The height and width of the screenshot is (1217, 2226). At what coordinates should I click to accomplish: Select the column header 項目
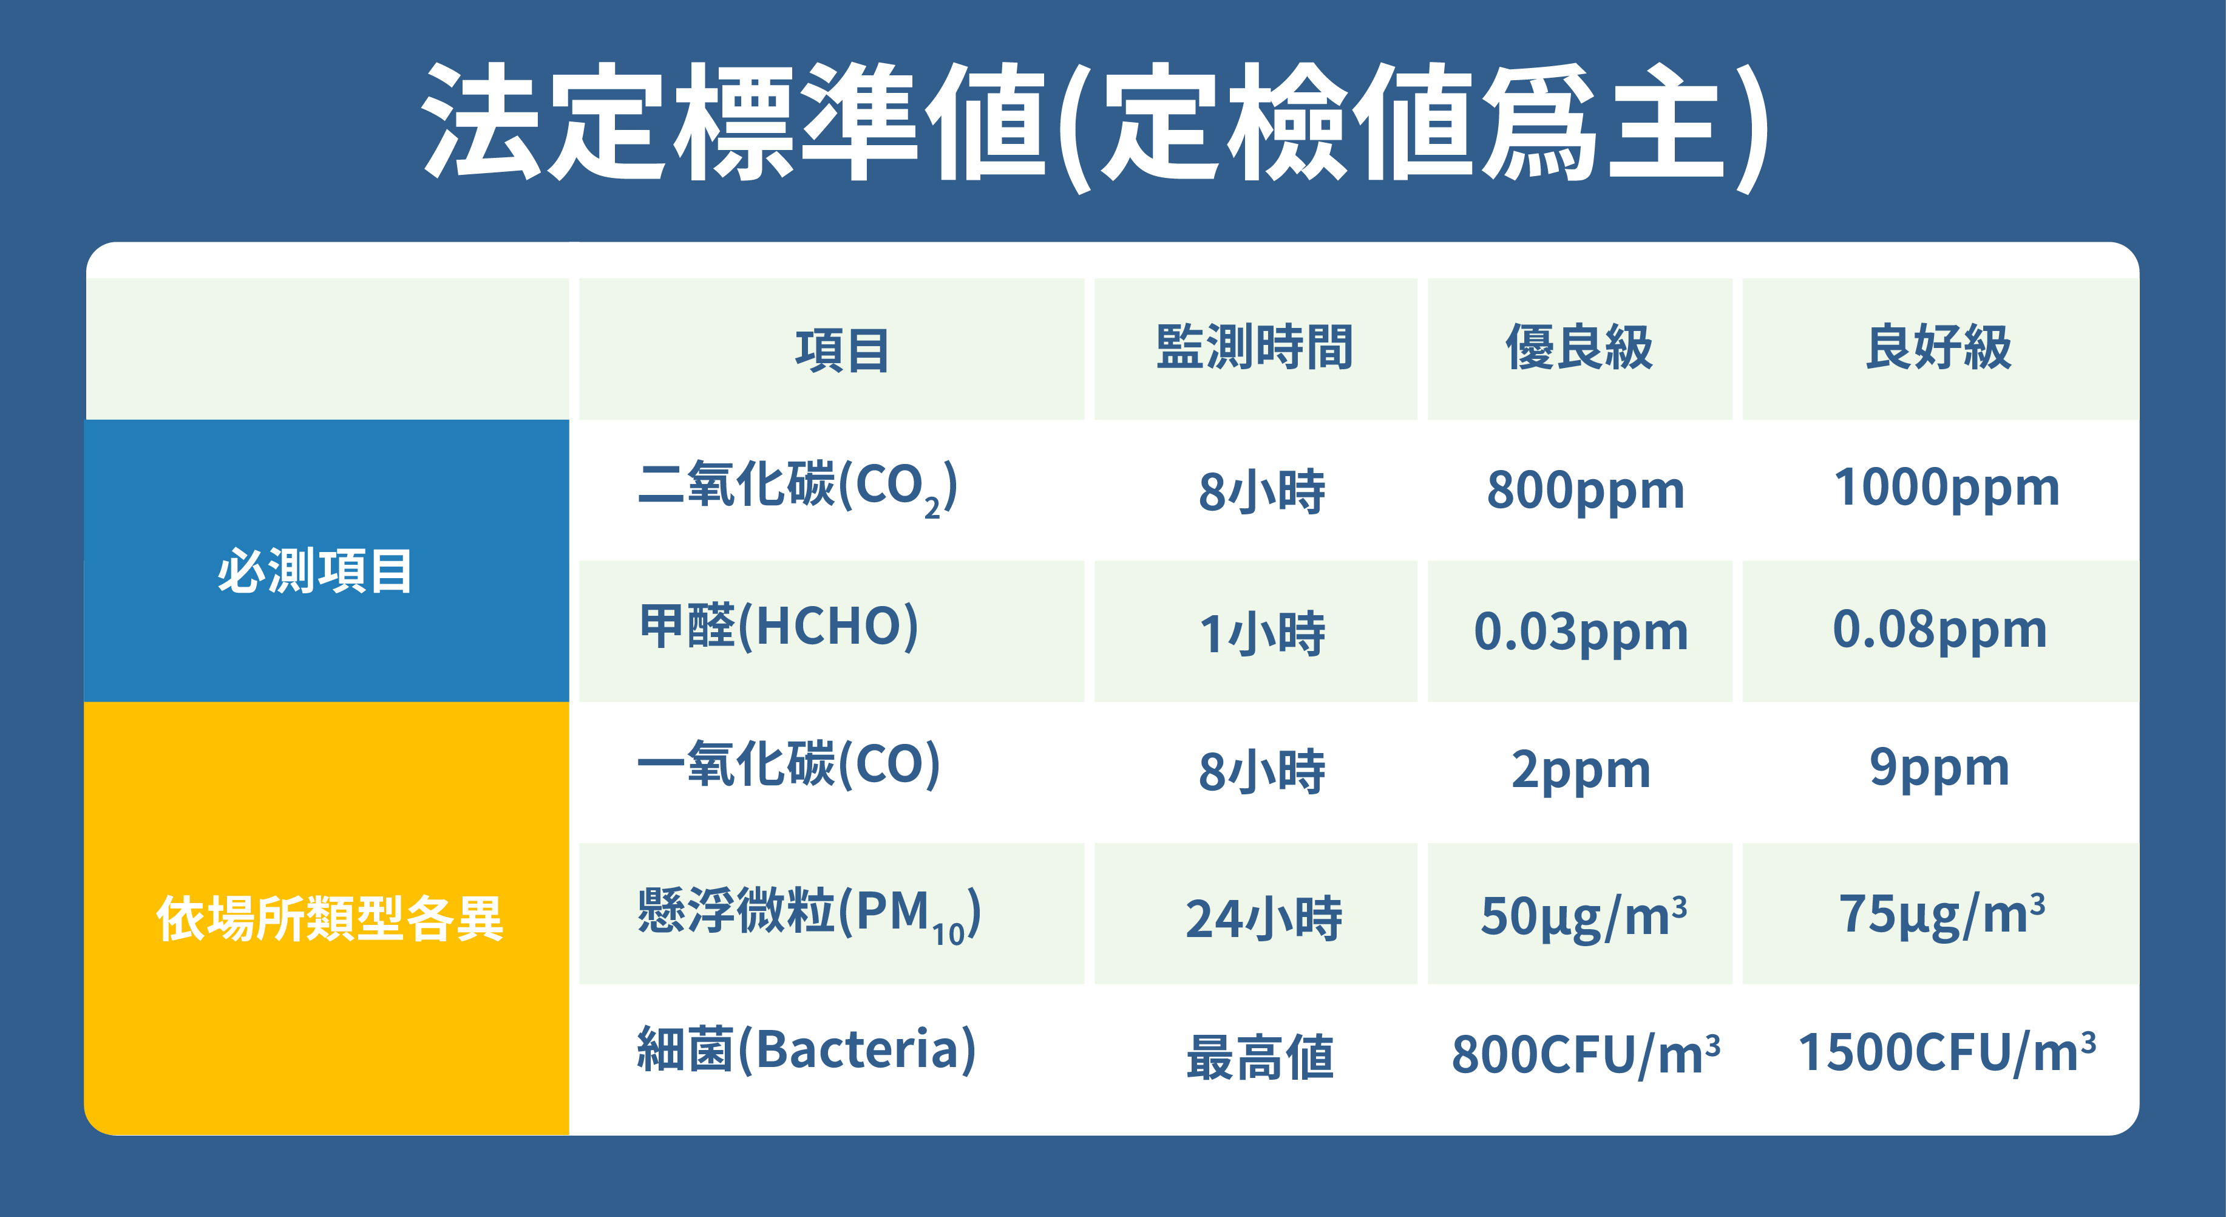coord(843,350)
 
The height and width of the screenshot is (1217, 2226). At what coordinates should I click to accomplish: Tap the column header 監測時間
coord(1255,347)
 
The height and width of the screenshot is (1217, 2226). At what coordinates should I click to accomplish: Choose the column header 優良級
coord(1579,347)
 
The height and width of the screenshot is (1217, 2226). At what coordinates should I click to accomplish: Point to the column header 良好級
coord(1939,347)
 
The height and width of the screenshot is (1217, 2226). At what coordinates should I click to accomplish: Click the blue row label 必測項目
coord(314,570)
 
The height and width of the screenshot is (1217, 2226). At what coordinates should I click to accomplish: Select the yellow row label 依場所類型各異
coord(329,918)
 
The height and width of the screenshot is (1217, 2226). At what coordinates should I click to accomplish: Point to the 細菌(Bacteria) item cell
coord(806,1049)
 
